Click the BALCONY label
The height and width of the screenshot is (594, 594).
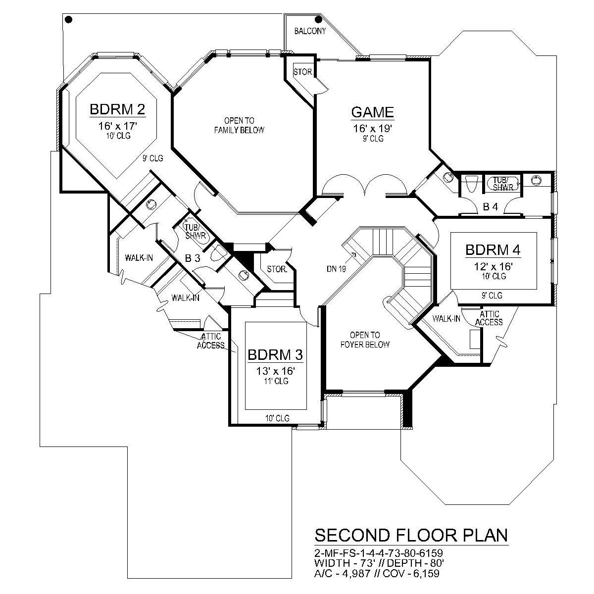point(310,31)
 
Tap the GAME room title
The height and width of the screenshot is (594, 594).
point(373,112)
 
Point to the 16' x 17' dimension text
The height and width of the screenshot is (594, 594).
point(117,126)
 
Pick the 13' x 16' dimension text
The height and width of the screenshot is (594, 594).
point(275,371)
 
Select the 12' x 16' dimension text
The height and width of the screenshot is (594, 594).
point(493,266)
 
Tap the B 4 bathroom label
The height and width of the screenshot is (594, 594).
point(490,207)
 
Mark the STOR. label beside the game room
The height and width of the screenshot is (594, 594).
point(302,72)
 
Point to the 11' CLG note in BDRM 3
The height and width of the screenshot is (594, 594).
point(275,381)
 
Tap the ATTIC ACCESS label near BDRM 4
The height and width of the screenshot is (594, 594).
point(490,318)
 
